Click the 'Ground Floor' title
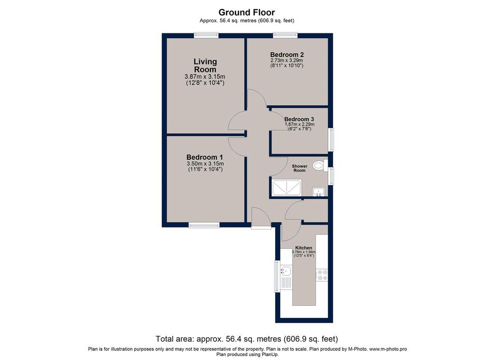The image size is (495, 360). coord(247,12)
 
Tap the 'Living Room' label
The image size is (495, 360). coord(205,65)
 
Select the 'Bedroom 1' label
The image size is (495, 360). coord(204,157)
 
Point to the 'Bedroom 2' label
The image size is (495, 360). coord(287,55)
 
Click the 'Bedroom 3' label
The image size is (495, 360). coord(299,119)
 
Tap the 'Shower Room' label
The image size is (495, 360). coord(300,168)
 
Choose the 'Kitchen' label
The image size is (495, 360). coord(304,248)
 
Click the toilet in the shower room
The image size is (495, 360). coord(320,165)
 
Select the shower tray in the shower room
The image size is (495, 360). coord(287,187)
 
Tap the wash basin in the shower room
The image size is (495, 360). coord(319,192)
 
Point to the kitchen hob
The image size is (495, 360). coord(322,275)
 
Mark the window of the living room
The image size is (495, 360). coord(206,35)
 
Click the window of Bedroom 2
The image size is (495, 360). coord(285,35)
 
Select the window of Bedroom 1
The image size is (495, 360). coord(204,225)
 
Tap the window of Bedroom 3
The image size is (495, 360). coord(331,140)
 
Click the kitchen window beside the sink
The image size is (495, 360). coord(277,276)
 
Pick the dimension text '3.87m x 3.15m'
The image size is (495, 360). coord(205,77)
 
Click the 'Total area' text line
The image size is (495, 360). coord(247,339)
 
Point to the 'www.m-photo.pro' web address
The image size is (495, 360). coord(388,349)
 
